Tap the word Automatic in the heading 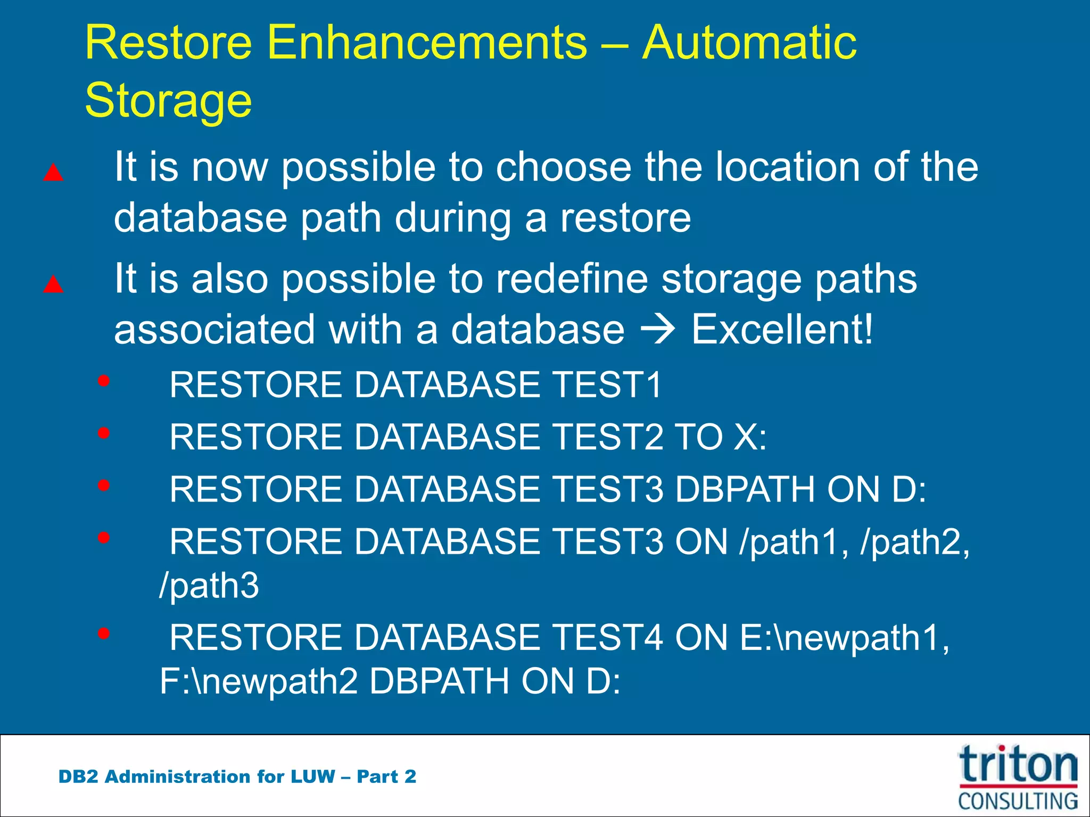click(749, 43)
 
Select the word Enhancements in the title click(427, 43)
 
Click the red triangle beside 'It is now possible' click(53, 173)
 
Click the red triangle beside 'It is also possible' click(53, 285)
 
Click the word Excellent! click(782, 329)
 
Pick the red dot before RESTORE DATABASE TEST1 click(104, 381)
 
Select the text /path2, click(915, 543)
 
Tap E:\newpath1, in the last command click(844, 637)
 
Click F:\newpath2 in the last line click(259, 681)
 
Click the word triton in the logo click(1018, 765)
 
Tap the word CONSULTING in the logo click(1018, 801)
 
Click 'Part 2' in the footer click(386, 777)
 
